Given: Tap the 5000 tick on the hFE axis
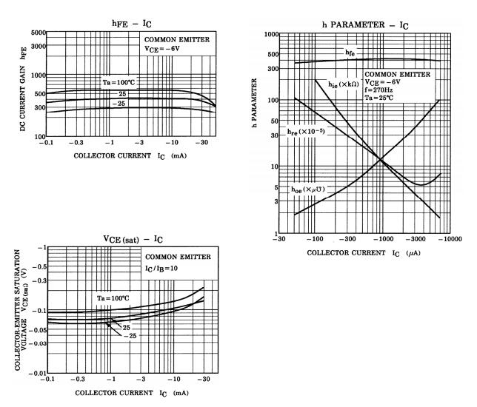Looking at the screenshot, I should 38,33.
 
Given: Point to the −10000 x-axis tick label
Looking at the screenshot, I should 446,240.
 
